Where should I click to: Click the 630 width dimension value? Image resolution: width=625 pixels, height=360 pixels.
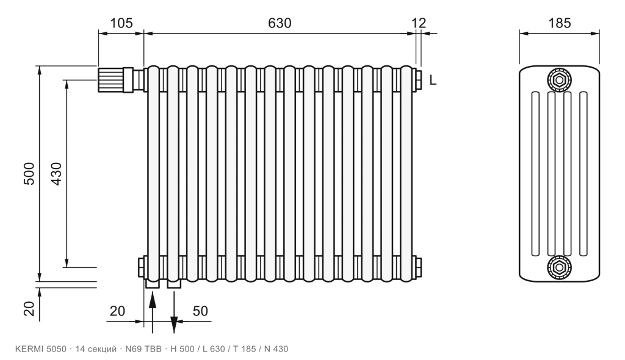[x=280, y=23]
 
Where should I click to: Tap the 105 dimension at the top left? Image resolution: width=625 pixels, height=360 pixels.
[x=121, y=23]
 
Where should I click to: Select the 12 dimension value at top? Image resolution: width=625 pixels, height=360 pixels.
[x=419, y=23]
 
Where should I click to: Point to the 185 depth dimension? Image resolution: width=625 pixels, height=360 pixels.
[x=560, y=23]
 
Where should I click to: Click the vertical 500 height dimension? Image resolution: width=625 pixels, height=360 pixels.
[x=29, y=173]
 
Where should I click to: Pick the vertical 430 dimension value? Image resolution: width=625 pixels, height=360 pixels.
[x=57, y=173]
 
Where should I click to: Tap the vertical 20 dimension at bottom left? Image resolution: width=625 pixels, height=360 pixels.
[x=29, y=308]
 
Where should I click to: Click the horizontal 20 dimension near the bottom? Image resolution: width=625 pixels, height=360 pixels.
[x=117, y=311]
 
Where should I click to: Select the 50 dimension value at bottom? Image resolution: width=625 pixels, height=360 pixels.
[x=200, y=311]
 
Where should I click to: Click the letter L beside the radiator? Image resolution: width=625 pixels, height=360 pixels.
[x=433, y=81]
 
